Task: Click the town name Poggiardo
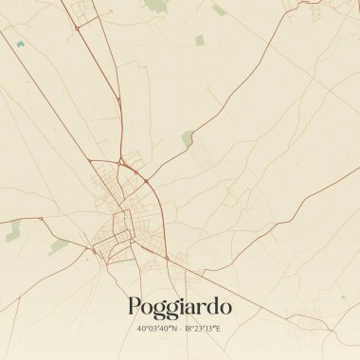[179, 306]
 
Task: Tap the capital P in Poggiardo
[135, 305]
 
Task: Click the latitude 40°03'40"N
[155, 328]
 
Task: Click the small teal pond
[18, 43]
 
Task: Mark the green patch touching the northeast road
[188, 137]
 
